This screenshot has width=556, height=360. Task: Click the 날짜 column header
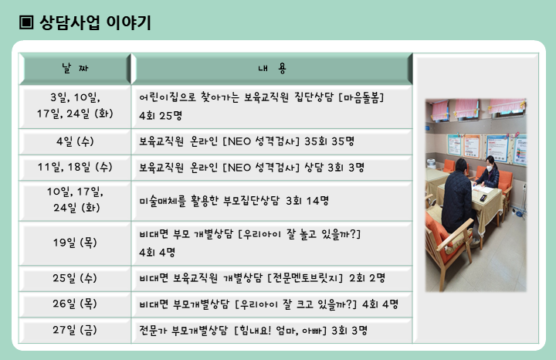(75, 68)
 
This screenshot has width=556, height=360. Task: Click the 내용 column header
(272, 68)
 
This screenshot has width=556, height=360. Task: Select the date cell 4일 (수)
(75, 141)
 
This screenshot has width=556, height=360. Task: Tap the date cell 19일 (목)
(75, 243)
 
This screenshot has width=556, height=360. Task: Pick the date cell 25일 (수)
(75, 278)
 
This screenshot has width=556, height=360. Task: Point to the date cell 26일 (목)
(75, 304)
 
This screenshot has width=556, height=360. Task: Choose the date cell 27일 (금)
(75, 330)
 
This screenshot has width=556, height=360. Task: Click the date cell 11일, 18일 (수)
(75, 167)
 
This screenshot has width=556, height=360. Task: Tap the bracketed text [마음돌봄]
(361, 97)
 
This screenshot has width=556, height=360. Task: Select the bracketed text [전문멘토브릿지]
(305, 278)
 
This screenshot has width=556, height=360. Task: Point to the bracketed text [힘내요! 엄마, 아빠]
(280, 331)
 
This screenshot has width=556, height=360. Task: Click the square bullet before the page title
(26, 22)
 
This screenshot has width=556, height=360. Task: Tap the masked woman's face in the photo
(490, 166)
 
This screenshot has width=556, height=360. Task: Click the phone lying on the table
(483, 198)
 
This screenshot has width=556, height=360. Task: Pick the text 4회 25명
(161, 116)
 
